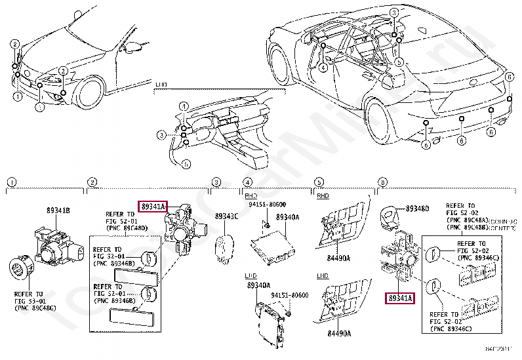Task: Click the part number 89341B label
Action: pyautogui.click(x=58, y=210)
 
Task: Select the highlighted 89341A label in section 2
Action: pyautogui.click(x=152, y=206)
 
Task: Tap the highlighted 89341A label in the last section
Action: pyautogui.click(x=400, y=298)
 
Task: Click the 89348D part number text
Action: pyautogui.click(x=416, y=209)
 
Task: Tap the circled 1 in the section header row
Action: pyautogui.click(x=10, y=182)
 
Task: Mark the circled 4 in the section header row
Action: pyautogui.click(x=247, y=182)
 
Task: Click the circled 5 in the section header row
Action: pyautogui.click(x=318, y=182)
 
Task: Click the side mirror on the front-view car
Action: pyautogui.click(x=134, y=47)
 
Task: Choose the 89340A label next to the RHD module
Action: pyautogui.click(x=287, y=216)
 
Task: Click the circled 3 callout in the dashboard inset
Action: pyautogui.click(x=161, y=135)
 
